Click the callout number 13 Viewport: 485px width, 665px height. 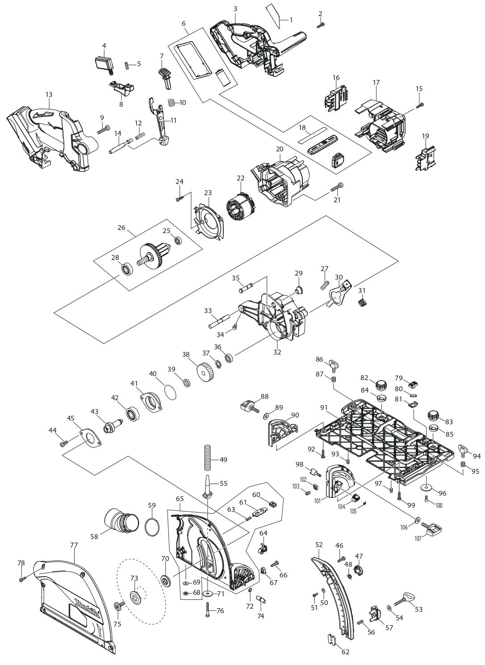click(x=49, y=95)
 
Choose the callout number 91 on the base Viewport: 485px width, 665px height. click(x=324, y=408)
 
